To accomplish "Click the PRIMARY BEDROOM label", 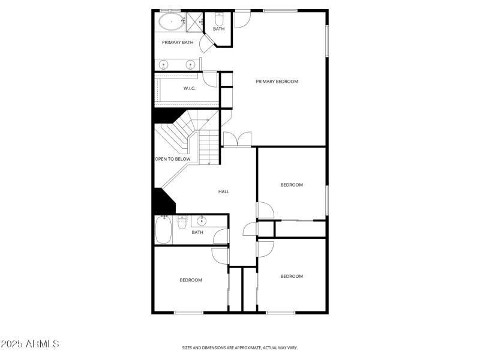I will pyautogui.click(x=277, y=82).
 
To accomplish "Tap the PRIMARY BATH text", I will pyautogui.click(x=178, y=43).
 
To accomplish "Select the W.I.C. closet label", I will pyautogui.click(x=190, y=89).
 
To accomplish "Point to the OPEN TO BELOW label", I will pyautogui.click(x=173, y=159).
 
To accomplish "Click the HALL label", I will pyautogui.click(x=224, y=192).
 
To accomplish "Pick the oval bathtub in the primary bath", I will pyautogui.click(x=172, y=23).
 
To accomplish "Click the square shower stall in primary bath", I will pyautogui.click(x=194, y=21).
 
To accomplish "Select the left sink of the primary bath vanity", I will pyautogui.click(x=163, y=65).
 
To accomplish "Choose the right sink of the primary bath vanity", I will pyautogui.click(x=191, y=65).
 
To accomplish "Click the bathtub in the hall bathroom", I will pyautogui.click(x=163, y=230).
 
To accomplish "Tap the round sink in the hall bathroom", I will pyautogui.click(x=202, y=220).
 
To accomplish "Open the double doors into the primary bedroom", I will pyautogui.click(x=238, y=141).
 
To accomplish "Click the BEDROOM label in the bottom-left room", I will pyautogui.click(x=191, y=280).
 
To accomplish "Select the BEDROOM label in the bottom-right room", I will pyautogui.click(x=292, y=276).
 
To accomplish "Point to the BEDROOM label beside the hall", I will pyautogui.click(x=292, y=185).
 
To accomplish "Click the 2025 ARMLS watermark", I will pyautogui.click(x=30, y=344).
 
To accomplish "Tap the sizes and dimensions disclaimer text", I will pyautogui.click(x=240, y=347).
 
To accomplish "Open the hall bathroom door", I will pyautogui.click(x=221, y=238).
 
